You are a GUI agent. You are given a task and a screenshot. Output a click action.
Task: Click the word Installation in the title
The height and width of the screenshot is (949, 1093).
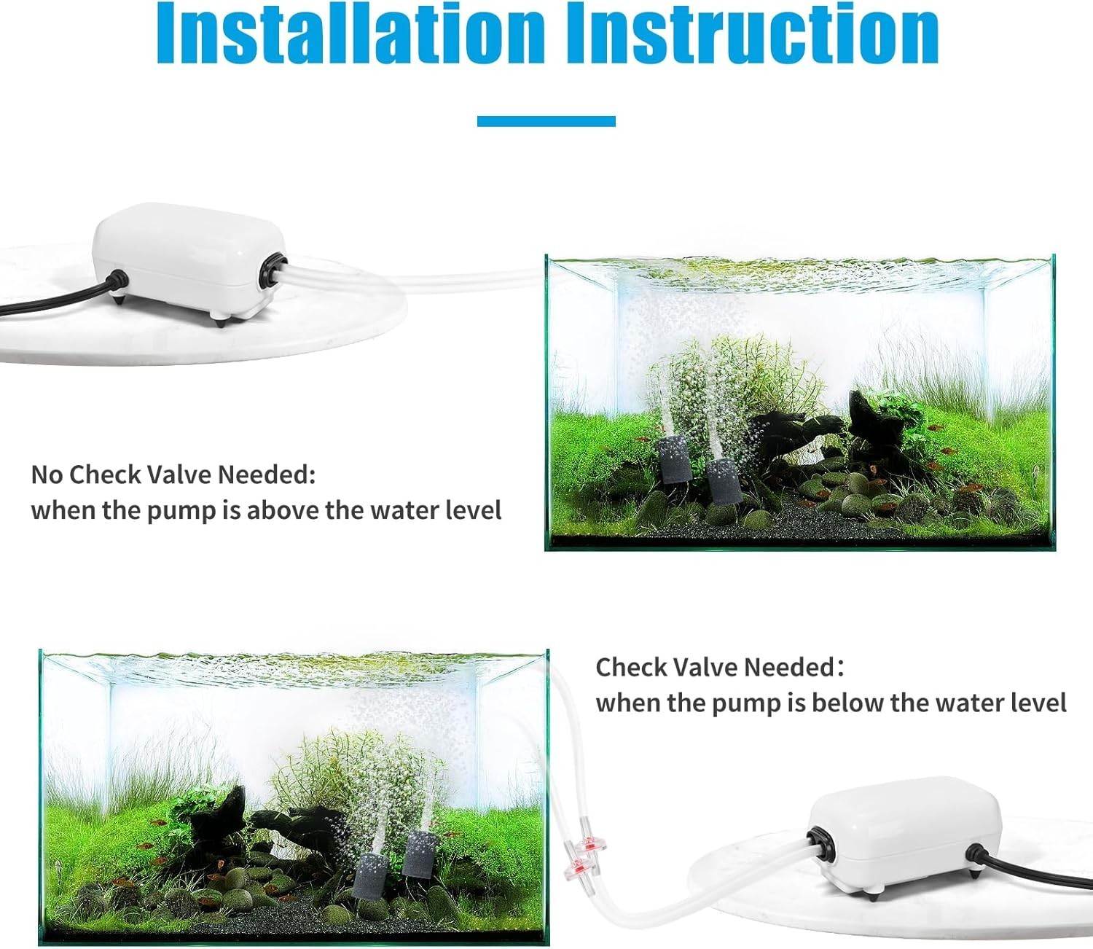point(350,34)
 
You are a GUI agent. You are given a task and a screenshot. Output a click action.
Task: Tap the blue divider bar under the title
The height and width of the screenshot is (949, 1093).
point(546,121)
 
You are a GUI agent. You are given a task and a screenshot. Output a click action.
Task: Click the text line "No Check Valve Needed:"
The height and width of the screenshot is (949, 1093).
point(173,474)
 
